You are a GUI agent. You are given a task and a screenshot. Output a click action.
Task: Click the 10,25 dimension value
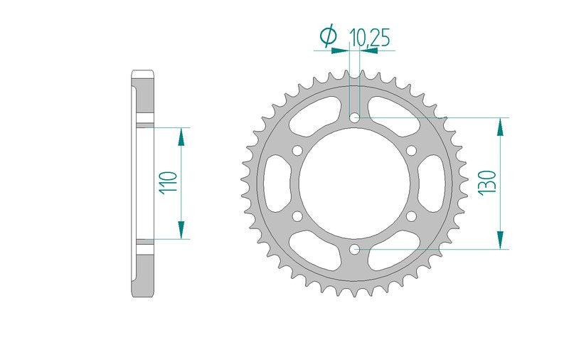[x=369, y=38]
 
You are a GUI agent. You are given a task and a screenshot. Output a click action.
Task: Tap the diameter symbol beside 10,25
[x=328, y=36]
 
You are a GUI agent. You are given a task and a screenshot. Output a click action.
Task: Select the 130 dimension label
[x=487, y=184]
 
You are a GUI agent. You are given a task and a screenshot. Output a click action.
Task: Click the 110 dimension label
[x=169, y=184]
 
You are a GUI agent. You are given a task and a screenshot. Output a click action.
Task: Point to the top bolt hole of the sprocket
[x=354, y=117]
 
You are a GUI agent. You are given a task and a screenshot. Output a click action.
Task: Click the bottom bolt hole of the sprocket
[x=354, y=249]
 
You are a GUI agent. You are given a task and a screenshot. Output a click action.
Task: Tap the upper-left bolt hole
[x=297, y=150]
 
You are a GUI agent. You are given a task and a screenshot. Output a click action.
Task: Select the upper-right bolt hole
[x=412, y=150]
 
